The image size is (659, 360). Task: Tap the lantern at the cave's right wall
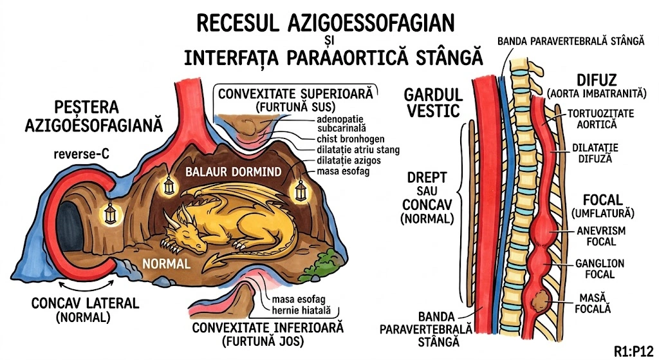tap(301, 190)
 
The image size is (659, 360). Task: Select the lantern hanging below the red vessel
tap(170, 185)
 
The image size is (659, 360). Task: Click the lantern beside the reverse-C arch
tap(111, 211)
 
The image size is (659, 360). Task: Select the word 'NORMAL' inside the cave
tap(167, 263)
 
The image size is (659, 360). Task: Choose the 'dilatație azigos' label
tap(349, 160)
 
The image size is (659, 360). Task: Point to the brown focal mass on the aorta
tap(539, 300)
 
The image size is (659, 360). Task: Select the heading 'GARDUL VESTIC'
tap(431, 103)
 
